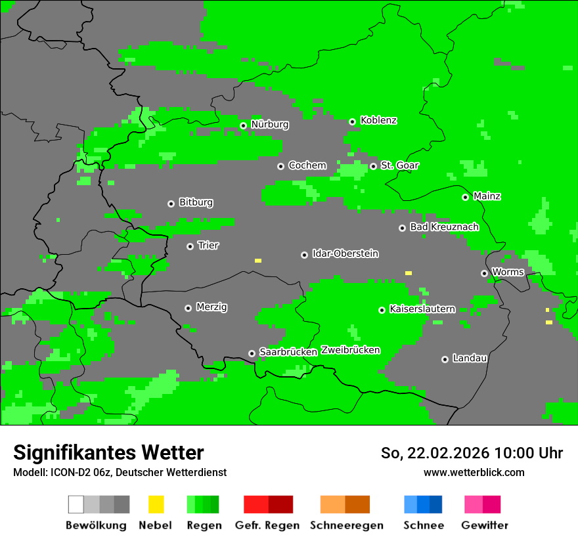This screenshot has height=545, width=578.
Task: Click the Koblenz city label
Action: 378,121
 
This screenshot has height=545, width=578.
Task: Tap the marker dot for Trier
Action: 190,246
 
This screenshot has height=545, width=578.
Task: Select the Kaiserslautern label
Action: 422,309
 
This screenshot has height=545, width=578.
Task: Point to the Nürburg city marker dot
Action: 243,125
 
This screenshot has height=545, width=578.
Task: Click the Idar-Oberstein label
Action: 345,253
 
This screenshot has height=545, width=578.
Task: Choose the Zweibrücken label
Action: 350,350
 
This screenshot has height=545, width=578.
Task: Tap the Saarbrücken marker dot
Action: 252,353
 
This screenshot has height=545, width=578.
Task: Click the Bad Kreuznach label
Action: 444,227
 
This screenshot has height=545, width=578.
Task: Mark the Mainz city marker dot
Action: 465,197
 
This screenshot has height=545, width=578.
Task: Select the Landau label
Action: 470,359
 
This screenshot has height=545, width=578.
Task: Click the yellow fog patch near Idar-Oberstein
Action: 258,261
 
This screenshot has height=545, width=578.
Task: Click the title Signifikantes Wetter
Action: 108,452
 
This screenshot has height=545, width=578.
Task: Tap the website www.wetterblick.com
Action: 474,472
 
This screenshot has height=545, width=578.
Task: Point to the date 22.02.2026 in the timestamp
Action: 448,453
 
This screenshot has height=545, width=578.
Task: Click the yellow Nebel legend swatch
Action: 156,504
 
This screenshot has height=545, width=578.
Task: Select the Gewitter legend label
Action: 484,525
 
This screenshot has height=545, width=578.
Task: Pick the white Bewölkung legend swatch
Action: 76,504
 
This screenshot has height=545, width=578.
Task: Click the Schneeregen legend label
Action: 346,525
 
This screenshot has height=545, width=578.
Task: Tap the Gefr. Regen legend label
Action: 267,525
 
